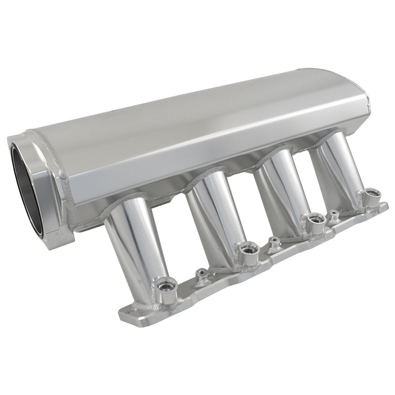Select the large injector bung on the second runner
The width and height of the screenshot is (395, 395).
245,248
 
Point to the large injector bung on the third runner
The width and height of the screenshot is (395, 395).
314,221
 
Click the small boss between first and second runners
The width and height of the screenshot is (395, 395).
201,272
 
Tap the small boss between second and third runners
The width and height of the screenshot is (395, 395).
273,240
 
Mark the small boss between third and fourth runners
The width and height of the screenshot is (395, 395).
334,214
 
